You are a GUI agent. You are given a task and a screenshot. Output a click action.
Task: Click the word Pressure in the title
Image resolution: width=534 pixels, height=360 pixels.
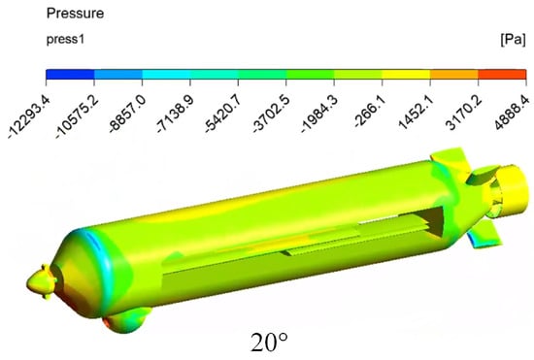point(75,14)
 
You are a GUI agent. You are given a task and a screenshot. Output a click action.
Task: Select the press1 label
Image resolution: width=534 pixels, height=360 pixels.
point(65,40)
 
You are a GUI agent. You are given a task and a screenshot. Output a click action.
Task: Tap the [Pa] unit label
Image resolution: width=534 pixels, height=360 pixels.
point(513,40)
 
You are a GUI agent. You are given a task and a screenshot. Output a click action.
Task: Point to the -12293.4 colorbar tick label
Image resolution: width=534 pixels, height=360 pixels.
point(29,116)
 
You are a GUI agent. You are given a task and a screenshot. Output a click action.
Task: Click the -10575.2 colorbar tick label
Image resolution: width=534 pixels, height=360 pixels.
point(78,116)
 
